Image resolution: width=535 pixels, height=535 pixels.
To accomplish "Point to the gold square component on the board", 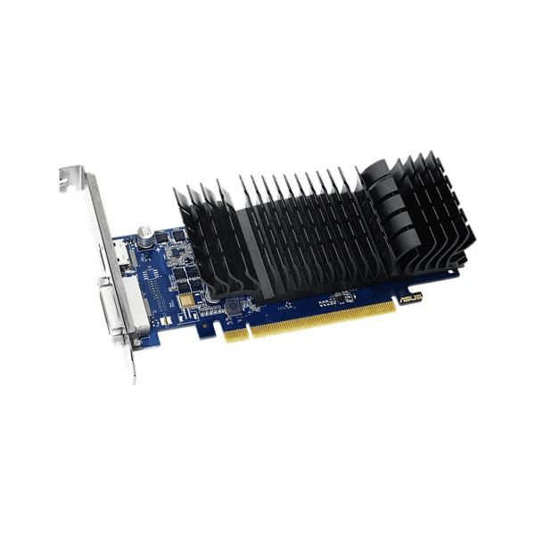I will (x=186, y=301).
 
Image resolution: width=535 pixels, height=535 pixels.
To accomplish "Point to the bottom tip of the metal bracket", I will (x=134, y=379).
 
